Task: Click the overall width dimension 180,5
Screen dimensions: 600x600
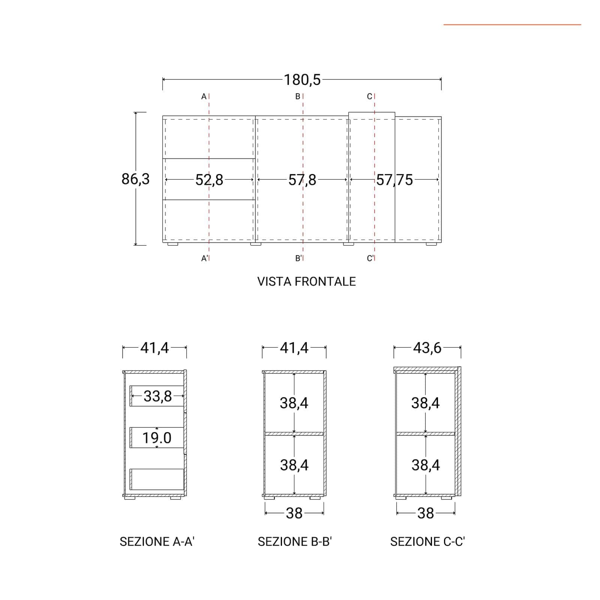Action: (302, 80)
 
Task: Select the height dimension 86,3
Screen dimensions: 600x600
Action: (135, 179)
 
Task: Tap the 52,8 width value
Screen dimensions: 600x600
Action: (209, 180)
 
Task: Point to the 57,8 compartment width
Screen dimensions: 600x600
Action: (302, 180)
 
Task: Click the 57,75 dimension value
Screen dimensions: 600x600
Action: (394, 180)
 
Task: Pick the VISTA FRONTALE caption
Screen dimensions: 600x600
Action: (306, 282)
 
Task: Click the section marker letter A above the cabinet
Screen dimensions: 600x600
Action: (204, 97)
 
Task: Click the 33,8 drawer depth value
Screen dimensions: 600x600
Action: (157, 396)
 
